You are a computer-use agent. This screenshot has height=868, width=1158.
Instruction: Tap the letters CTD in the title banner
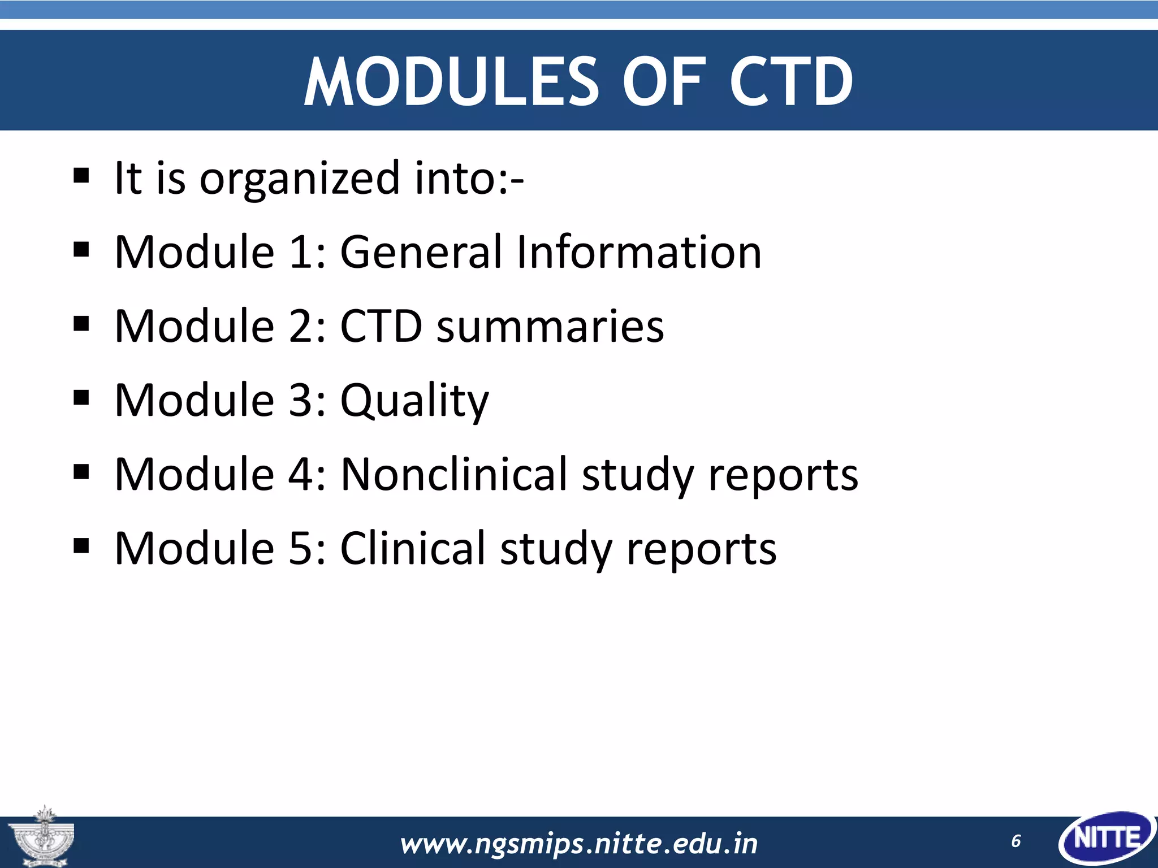coord(791,82)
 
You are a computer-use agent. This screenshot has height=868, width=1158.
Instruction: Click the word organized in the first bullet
coord(299,179)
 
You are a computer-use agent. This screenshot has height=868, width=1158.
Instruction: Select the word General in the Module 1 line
coord(421,252)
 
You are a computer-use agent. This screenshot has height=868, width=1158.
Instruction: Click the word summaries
coord(550,327)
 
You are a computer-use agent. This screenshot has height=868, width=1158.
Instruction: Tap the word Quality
coord(414,401)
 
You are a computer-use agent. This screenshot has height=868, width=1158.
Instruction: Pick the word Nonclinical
coord(453,475)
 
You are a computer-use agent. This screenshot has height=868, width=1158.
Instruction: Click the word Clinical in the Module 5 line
coord(412,549)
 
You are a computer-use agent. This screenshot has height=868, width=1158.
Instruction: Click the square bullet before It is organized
coord(81,176)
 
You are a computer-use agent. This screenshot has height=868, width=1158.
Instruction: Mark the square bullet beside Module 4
coord(81,472)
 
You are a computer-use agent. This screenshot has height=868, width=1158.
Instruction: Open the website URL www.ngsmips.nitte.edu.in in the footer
coord(578,844)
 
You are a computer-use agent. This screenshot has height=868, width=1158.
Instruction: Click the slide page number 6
coord(1016,841)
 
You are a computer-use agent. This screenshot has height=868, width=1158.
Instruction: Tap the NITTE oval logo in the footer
coord(1106,839)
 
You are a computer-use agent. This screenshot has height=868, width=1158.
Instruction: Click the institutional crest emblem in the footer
coord(43,837)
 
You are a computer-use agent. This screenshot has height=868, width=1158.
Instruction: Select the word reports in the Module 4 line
coord(783,475)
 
